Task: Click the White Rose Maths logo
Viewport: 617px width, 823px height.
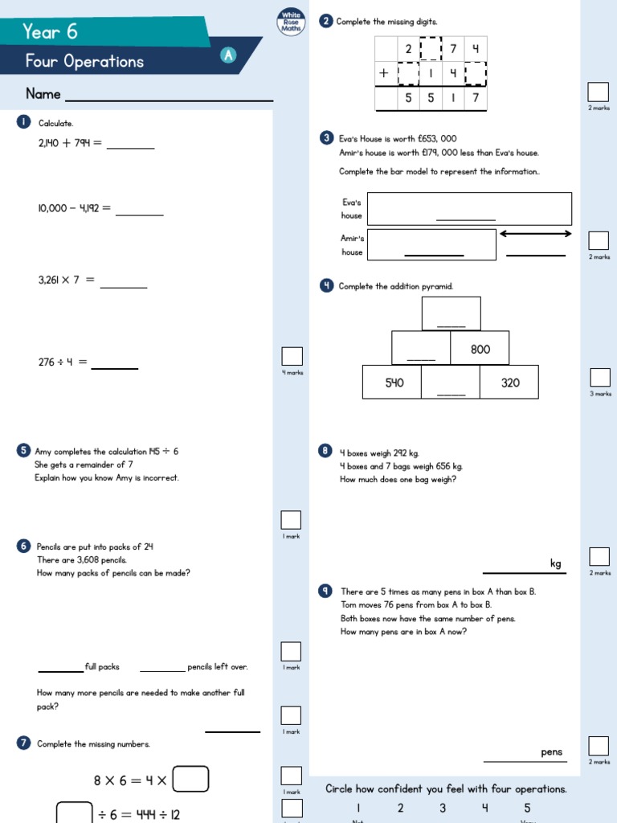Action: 290,20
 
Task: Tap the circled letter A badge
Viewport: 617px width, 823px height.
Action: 229,55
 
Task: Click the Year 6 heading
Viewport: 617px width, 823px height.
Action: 50,31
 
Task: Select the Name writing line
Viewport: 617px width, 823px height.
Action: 169,100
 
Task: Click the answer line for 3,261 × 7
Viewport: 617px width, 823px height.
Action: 124,286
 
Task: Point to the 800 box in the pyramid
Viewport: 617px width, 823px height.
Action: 480,349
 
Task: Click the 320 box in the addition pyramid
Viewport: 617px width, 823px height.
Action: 509,383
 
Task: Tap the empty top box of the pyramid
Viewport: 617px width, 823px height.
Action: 451,313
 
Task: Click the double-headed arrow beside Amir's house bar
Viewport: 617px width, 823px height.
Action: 535,234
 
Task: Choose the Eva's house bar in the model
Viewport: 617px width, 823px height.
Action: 469,209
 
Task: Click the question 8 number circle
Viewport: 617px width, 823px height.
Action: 325,451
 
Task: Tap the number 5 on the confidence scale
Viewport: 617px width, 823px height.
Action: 527,808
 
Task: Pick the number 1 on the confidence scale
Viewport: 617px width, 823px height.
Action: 358,808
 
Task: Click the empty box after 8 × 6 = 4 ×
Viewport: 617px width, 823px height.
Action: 192,779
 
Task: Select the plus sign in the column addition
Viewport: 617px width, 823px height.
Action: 384,73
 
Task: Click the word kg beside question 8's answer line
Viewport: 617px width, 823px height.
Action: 555,563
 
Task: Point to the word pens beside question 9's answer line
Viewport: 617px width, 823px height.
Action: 551,752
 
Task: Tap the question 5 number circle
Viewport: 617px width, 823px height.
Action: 22,452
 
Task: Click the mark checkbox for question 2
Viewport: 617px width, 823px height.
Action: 598,91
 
